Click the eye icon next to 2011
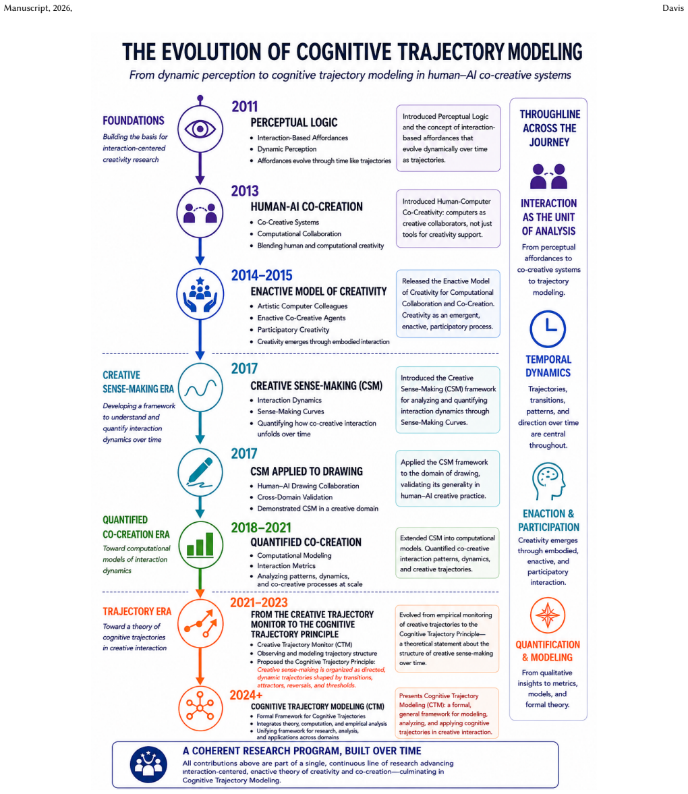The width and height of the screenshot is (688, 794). coord(200,129)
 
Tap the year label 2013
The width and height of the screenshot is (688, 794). coord(245,191)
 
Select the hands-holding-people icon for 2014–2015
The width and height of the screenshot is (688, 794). coord(200,294)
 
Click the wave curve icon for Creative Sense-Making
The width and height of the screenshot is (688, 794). coord(200,389)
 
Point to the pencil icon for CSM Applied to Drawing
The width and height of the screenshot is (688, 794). coord(200,472)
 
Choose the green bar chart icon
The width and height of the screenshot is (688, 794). coord(200,544)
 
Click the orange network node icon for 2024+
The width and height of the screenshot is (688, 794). coord(200,706)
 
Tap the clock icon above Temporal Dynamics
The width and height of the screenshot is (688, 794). coord(547,329)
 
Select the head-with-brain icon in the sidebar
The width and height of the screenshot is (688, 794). coord(548,481)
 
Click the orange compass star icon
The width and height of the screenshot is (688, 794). coord(547,615)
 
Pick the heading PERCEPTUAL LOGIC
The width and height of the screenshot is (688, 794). coord(293,123)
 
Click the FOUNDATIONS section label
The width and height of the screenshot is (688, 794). coord(134,121)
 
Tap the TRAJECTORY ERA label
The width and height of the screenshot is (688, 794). coord(137,611)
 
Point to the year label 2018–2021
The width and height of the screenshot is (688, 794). coord(261,528)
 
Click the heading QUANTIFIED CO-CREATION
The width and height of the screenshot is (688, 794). coord(306,542)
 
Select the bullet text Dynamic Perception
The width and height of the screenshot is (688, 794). coord(287,149)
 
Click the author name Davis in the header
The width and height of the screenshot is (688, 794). coord(672,7)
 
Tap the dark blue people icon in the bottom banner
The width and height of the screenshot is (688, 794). coord(148,764)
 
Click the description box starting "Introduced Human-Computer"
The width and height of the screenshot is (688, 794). coord(448,219)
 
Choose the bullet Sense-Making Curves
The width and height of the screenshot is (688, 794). coord(291,412)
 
